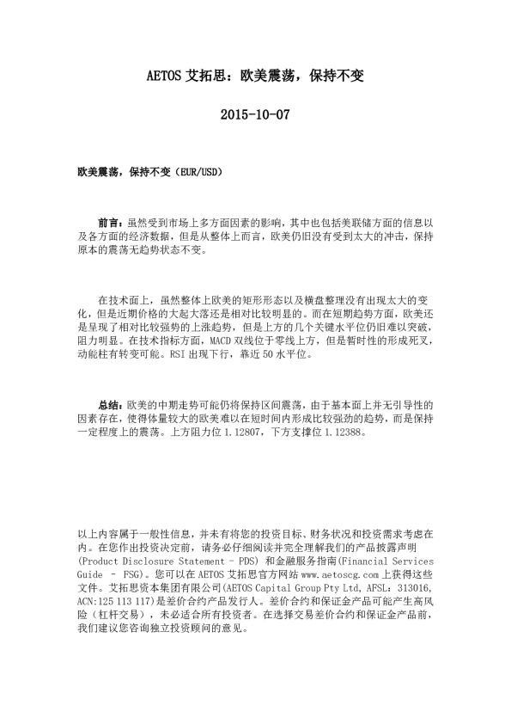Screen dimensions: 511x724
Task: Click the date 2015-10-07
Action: (255, 114)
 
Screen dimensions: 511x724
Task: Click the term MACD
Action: (222, 341)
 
